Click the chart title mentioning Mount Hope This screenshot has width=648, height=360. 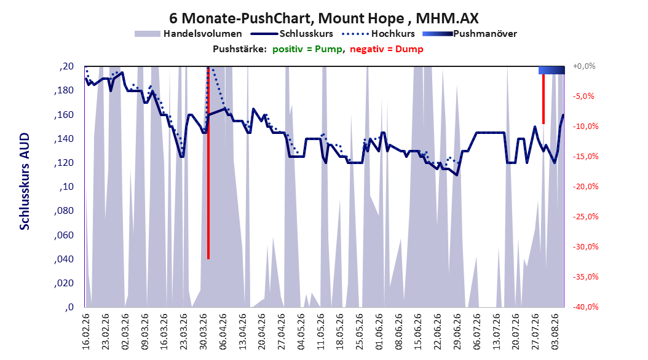[323, 18]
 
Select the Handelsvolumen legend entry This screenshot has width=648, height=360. [188, 34]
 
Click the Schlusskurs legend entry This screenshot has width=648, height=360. [293, 34]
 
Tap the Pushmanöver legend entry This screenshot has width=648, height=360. [470, 34]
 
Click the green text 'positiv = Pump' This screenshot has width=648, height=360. [307, 49]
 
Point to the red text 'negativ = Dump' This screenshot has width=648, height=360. [387, 49]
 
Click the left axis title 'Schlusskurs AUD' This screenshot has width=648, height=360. [25, 181]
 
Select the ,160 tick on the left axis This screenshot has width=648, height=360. [64, 114]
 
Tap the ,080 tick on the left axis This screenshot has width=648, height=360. [64, 211]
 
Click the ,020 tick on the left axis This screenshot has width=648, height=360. [64, 283]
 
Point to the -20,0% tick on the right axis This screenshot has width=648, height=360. [585, 187]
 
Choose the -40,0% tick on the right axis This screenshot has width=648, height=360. [585, 307]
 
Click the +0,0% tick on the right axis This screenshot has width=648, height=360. [584, 66]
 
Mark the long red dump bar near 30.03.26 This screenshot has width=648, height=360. [208, 163]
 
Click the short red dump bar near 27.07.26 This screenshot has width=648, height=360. [543, 99]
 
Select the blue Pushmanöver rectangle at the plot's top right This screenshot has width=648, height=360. [551, 70]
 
